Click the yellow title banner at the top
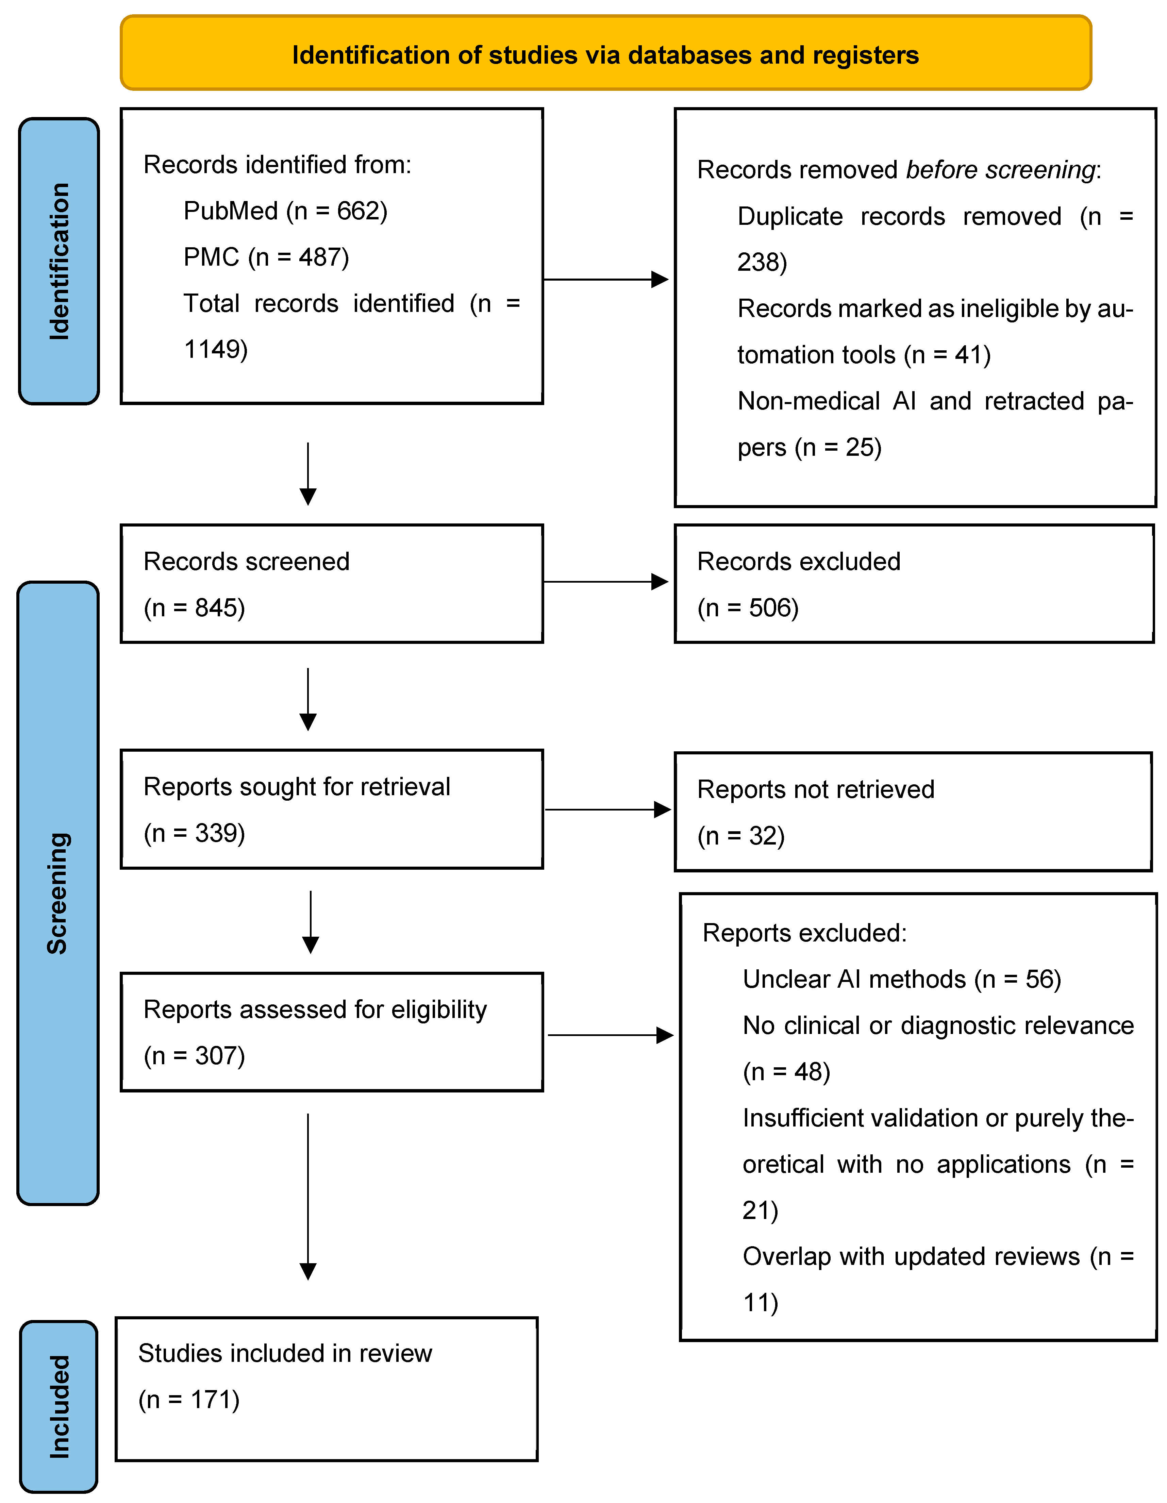point(605,53)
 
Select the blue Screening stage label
point(59,893)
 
